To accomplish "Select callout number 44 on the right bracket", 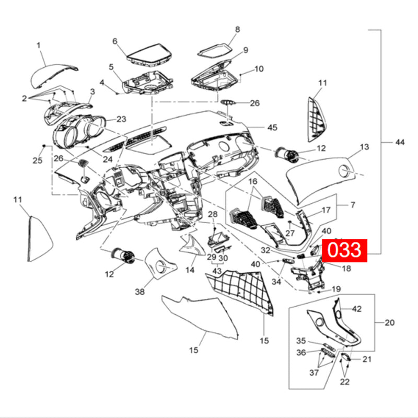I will pyautogui.click(x=400, y=142).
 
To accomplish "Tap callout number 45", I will pyautogui.click(x=273, y=127).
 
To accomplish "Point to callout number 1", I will pyautogui.click(x=39, y=46).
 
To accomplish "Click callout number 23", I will pyautogui.click(x=121, y=119).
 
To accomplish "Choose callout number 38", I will pyautogui.click(x=140, y=292).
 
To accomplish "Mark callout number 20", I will pyautogui.click(x=390, y=322).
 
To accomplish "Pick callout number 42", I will pyautogui.click(x=357, y=309).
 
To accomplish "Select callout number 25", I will pyautogui.click(x=37, y=160).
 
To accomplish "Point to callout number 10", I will pyautogui.click(x=259, y=69).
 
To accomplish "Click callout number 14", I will pyautogui.click(x=190, y=270).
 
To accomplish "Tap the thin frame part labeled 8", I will pyautogui.click(x=217, y=50).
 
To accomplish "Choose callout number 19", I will pyautogui.click(x=336, y=288).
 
